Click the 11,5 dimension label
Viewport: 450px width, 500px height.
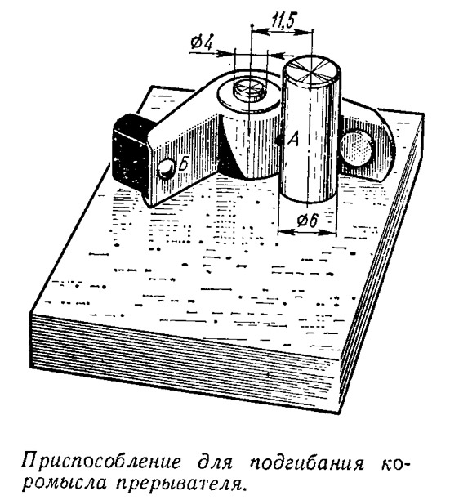(283, 22)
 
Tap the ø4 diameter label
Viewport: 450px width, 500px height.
(202, 42)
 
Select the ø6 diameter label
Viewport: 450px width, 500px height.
(308, 221)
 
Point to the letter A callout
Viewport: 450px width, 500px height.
(293, 139)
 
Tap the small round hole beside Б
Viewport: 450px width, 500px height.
(167, 168)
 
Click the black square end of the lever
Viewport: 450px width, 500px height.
(130, 152)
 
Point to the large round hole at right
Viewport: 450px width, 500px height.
(356, 148)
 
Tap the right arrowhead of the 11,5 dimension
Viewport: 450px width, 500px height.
(305, 31)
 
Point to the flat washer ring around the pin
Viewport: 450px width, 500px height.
(223, 98)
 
